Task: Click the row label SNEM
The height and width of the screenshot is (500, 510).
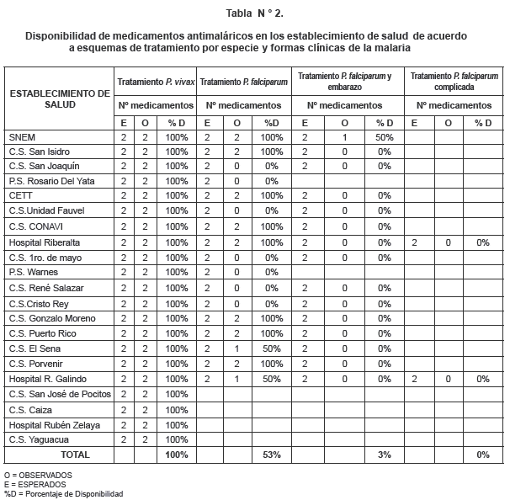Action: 22,136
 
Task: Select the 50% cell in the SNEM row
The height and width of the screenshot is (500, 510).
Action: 385,136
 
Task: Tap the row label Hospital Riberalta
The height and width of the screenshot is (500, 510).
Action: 45,242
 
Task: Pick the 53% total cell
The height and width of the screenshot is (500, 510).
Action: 271,455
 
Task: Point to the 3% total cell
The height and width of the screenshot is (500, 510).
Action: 385,455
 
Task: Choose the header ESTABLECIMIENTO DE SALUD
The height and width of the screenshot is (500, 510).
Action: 59,98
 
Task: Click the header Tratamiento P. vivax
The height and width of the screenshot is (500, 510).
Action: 155,82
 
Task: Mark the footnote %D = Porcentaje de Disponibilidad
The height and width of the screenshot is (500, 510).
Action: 64,494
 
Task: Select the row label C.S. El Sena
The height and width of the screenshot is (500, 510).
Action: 35,348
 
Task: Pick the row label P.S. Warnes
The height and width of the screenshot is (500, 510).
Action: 34,273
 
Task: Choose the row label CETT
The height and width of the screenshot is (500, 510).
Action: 20,197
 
